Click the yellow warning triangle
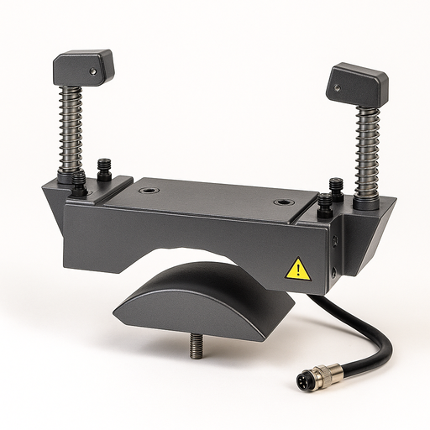coord(297,269)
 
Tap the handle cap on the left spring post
coord(84,67)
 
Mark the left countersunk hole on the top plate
coord(149,191)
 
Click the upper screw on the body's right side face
coord(335,241)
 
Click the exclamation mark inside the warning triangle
coord(297,270)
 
